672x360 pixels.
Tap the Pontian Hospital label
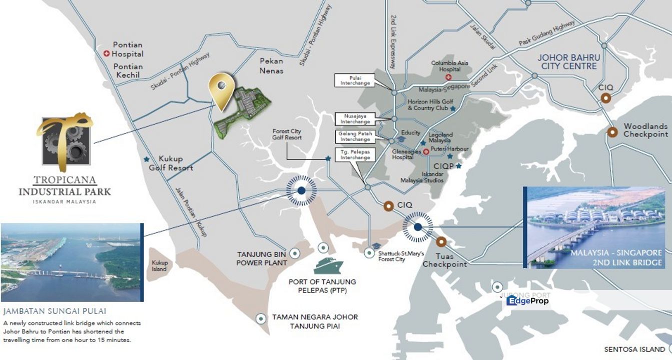[128, 49]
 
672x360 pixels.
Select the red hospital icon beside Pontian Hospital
[106, 53]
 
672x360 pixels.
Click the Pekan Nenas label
[271, 65]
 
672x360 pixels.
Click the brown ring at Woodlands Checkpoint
[612, 132]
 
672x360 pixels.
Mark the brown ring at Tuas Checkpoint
[441, 242]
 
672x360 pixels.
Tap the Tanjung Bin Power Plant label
[262, 258]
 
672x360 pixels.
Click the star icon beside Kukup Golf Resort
[146, 159]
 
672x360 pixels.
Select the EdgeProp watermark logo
[527, 300]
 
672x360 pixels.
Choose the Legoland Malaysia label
[440, 137]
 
